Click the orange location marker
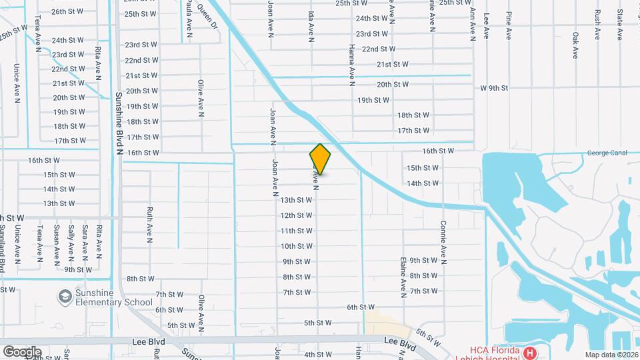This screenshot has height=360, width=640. [x=321, y=159]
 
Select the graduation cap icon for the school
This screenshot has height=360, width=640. [x=65, y=295]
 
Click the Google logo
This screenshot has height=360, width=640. [x=22, y=351]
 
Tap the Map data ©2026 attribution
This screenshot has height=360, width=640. [x=611, y=355]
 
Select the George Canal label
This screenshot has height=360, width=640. [x=607, y=153]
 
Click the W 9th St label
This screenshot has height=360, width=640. [x=494, y=88]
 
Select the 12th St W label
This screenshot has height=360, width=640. [x=296, y=215]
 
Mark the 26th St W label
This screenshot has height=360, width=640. [x=67, y=11]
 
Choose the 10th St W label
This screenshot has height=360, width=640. [x=296, y=246]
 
